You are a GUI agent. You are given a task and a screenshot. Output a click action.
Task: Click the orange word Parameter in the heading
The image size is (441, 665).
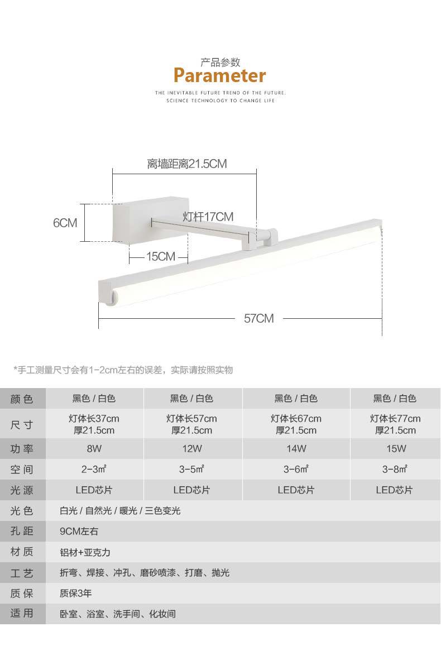coord(219,76)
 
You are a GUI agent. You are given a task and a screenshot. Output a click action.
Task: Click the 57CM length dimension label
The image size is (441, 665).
coord(258,318)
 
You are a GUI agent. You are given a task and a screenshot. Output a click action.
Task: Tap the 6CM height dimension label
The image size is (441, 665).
coord(65,223)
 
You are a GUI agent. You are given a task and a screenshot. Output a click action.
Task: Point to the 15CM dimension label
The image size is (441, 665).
coord(161,257)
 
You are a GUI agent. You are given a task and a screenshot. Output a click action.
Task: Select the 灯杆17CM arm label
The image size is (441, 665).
coord(208,217)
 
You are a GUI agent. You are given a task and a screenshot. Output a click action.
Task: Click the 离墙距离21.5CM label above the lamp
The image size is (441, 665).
coord(187,164)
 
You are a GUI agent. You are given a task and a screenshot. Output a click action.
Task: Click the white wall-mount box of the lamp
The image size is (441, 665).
coord(151,219)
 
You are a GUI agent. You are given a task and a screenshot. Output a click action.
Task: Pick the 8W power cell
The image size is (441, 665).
coord(94,449)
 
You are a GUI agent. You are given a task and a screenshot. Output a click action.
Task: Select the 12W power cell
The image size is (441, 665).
coord(192,449)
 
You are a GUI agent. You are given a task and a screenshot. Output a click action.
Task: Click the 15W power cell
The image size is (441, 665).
coord(396,449)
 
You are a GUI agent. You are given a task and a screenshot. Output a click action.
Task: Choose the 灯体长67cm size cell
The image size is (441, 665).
coord(296,419)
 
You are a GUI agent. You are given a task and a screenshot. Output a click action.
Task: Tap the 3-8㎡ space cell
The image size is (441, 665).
coord(395,470)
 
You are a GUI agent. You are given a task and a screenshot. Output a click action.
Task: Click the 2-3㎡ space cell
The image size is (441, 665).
coord(94,470)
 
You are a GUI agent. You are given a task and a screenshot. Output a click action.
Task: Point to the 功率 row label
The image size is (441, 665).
coord(22,449)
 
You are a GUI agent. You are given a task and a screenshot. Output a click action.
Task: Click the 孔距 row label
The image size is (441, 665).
coord(22,531)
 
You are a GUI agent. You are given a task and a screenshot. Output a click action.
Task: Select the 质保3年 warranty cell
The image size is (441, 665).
coord(76,594)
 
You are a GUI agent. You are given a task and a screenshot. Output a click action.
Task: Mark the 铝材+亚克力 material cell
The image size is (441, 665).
coord(85,552)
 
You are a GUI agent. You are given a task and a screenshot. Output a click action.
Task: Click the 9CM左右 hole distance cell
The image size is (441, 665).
coord(79,532)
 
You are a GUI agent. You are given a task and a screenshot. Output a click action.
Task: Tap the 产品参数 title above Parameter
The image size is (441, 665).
coord(220,63)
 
